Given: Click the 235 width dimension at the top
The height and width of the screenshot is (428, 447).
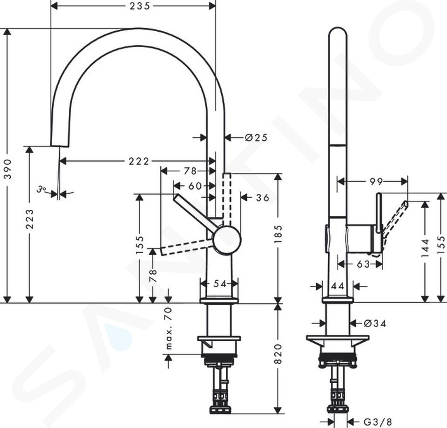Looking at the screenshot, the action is click(x=140, y=6).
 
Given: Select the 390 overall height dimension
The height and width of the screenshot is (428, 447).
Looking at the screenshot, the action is click(x=8, y=169).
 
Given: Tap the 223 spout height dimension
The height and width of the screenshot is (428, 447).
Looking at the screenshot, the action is click(x=30, y=219).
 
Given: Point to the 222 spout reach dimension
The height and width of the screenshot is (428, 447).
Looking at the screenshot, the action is click(x=139, y=161).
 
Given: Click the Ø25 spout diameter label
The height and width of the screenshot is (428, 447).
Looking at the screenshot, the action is click(x=256, y=138).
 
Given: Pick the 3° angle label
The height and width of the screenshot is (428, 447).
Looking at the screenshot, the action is click(x=41, y=189).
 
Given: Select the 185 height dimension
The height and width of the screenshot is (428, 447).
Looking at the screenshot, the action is click(x=278, y=234).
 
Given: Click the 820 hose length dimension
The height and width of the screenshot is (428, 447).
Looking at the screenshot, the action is click(x=278, y=353).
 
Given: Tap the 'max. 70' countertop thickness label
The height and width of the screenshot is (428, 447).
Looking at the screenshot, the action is click(x=169, y=328).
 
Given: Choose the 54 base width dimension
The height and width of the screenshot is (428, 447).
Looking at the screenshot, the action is click(x=220, y=284).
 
